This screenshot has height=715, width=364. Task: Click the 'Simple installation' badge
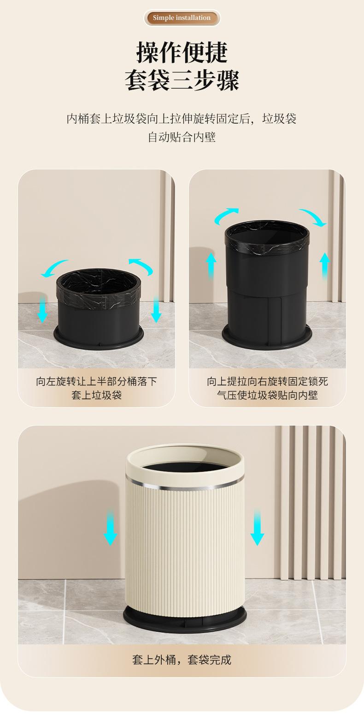(x=182, y=18)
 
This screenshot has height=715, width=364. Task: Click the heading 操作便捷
(x=182, y=52)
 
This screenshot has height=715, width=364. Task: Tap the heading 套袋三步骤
(x=182, y=80)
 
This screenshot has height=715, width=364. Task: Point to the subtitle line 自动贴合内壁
(x=182, y=137)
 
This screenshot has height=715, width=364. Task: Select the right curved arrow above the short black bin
(x=142, y=265)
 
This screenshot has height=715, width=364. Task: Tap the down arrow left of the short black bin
(x=42, y=309)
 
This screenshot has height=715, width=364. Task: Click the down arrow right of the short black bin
(x=156, y=309)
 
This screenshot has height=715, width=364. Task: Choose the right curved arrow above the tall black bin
(x=314, y=216)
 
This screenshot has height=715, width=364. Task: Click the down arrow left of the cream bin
(x=110, y=527)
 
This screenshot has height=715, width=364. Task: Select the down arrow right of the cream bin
(x=257, y=527)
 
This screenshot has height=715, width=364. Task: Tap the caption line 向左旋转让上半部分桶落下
(x=96, y=381)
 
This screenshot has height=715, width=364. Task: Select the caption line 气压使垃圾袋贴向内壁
(x=267, y=395)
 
